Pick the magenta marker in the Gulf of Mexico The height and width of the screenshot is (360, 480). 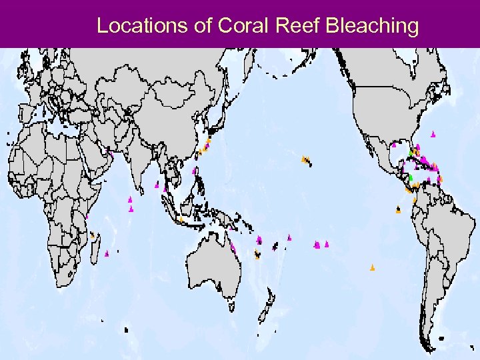tap(394, 144)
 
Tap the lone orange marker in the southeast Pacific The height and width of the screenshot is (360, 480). tap(372, 268)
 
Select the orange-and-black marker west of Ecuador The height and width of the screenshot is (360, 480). tap(398, 209)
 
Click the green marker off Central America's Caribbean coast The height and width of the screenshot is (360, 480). tap(411, 178)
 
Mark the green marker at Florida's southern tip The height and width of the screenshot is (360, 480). tap(411, 153)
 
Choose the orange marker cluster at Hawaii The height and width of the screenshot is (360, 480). tap(305, 160)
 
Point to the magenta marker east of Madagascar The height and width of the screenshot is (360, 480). tap(107, 253)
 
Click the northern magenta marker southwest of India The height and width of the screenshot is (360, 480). tap(131, 199)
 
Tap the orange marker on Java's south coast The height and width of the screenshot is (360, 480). tap(181, 219)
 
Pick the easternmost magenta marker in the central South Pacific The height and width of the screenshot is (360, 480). tap(327, 245)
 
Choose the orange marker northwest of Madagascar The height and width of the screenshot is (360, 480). tap(91, 235)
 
